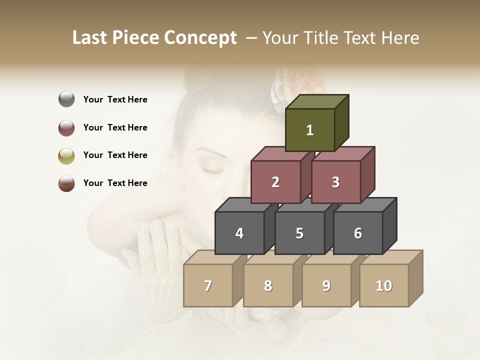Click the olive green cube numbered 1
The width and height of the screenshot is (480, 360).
[309, 130]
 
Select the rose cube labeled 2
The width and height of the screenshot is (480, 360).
[275, 182]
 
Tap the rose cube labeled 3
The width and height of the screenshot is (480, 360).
[335, 182]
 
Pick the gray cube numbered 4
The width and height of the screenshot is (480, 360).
[239, 233]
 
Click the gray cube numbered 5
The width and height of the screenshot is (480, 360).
[299, 233]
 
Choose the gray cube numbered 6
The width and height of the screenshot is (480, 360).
[358, 233]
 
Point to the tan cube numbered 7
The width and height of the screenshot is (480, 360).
[208, 285]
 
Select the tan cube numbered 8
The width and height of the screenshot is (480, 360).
[268, 285]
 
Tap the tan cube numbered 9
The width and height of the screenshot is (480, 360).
[326, 285]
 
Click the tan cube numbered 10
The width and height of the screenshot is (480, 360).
[383, 285]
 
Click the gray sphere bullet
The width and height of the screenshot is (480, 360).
[66, 99]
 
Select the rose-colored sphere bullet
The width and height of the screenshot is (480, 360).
[66, 127]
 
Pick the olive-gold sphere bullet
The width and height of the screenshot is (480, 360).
[66, 155]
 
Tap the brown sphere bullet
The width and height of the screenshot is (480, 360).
[66, 183]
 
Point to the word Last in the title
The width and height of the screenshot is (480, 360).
[90, 38]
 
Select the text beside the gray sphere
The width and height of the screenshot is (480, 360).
[115, 99]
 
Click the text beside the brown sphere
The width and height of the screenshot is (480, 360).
[115, 183]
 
